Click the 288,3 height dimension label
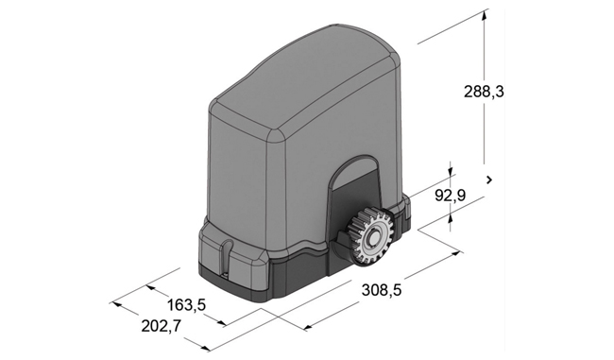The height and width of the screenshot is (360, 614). [x=484, y=92]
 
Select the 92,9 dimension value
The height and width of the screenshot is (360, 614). [x=451, y=195]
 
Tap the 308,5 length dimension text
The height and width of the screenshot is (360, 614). [x=382, y=290]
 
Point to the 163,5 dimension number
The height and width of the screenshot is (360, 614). [x=186, y=305]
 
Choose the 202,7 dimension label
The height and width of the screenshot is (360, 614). [x=162, y=326]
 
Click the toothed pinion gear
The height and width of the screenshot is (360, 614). [x=368, y=237]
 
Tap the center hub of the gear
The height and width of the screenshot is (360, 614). [x=372, y=237]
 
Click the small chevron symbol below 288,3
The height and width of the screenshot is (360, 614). [x=489, y=180]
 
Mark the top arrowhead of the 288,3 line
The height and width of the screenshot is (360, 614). [x=485, y=14]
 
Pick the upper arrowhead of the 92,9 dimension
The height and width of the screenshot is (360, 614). [x=451, y=172]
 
